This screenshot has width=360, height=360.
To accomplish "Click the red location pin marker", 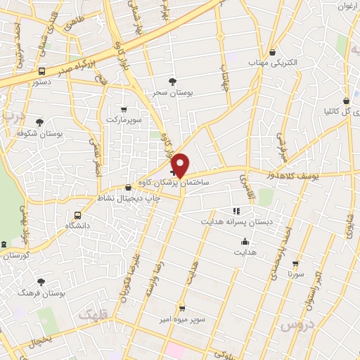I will click(181, 165).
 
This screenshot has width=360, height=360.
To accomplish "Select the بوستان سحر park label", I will click(173, 92).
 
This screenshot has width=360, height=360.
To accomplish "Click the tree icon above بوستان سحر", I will click(173, 82).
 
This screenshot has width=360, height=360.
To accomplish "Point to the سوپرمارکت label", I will click(124, 120).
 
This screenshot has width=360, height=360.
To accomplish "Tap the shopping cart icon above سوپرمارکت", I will click(124, 109).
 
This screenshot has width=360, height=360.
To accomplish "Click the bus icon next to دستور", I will click(41, 71).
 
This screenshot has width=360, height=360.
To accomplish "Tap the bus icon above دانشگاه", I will click(77, 215).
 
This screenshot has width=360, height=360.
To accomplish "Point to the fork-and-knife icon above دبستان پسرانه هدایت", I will click(236, 210).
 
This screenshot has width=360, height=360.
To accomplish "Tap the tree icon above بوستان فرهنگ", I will click(42, 281).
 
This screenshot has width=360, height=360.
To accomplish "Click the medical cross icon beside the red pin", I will click(173, 172).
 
